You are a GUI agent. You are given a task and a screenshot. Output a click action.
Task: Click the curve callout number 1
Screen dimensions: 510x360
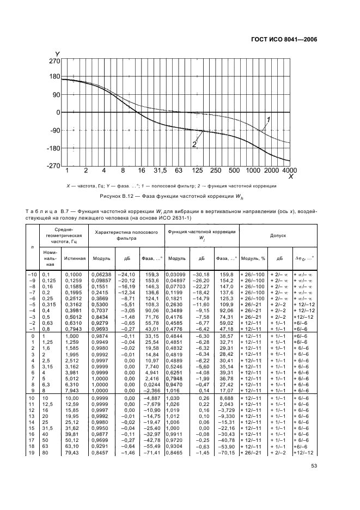[268, 119]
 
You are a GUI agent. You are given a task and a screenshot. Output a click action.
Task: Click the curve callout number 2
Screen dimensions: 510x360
[193, 144]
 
